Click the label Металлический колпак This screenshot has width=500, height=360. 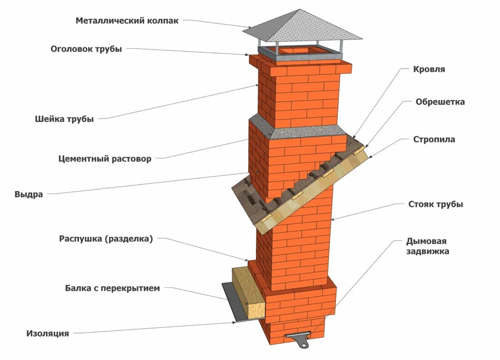(x=127, y=20)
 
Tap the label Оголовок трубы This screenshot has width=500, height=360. (x=86, y=49)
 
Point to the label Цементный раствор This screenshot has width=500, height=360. (x=105, y=159)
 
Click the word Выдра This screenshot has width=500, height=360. (x=29, y=195)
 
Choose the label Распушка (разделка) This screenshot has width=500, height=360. (x=106, y=239)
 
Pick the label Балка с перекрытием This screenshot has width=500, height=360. (x=112, y=288)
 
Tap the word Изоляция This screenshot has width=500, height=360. (x=48, y=334)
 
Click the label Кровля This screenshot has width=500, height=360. (x=429, y=70)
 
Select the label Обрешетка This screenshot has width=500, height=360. (x=440, y=102)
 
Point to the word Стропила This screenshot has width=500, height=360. (x=434, y=139)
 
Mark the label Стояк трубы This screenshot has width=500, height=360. (x=435, y=204)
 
